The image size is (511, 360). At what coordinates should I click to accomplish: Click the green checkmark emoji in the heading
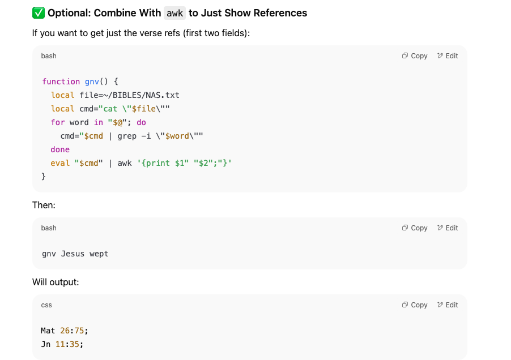click(x=39, y=12)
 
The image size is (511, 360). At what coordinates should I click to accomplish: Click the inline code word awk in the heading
click(x=174, y=12)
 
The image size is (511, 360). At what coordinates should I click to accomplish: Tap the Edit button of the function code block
click(x=448, y=56)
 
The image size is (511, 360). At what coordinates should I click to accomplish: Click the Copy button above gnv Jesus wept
click(x=415, y=228)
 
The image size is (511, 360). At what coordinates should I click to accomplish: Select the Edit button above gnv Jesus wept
click(x=448, y=228)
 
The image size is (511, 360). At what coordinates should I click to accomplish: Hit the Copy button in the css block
click(x=415, y=305)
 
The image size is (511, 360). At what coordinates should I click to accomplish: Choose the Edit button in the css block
click(x=448, y=305)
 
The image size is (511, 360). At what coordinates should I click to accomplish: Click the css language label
click(x=46, y=305)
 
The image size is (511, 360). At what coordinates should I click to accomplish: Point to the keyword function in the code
click(x=61, y=82)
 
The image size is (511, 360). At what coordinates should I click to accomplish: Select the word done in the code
click(x=60, y=149)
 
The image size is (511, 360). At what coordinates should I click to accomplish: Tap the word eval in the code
click(x=60, y=163)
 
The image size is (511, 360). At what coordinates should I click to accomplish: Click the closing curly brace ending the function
click(x=44, y=177)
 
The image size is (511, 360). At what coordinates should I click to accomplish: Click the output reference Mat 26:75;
click(x=65, y=331)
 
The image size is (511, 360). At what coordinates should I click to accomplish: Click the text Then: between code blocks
click(x=44, y=205)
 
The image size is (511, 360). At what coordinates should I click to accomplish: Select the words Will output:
click(x=56, y=282)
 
